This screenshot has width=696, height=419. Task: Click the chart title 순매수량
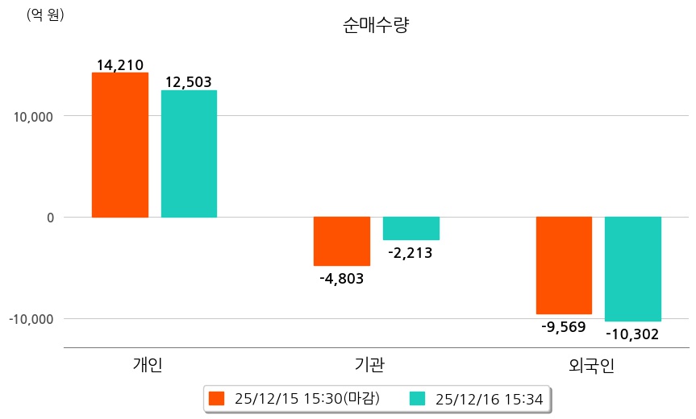(x=377, y=26)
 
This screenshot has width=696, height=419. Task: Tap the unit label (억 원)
(x=45, y=15)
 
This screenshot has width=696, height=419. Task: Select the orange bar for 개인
(x=120, y=145)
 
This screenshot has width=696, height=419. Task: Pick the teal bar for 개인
(x=189, y=154)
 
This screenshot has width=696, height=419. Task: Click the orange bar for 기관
(x=342, y=241)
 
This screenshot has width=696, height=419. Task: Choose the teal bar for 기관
(x=411, y=229)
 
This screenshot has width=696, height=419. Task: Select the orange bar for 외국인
(x=564, y=265)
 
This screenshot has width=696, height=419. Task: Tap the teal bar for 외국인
(x=633, y=269)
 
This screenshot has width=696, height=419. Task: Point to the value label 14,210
(x=120, y=64)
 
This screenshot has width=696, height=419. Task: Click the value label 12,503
(x=189, y=82)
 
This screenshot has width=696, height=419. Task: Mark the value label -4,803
(x=342, y=279)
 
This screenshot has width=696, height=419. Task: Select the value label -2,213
(x=411, y=253)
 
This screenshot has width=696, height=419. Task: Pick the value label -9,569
(x=564, y=327)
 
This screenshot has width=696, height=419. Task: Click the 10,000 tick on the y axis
(x=34, y=116)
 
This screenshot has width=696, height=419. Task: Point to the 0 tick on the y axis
(x=49, y=218)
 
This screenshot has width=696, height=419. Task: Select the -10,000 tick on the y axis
(x=31, y=319)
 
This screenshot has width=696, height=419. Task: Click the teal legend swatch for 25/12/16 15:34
(x=417, y=398)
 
